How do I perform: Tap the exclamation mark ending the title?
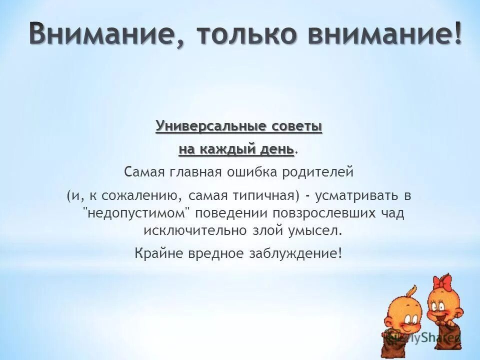[x=455, y=34]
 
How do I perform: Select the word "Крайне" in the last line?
[x=152, y=253]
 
